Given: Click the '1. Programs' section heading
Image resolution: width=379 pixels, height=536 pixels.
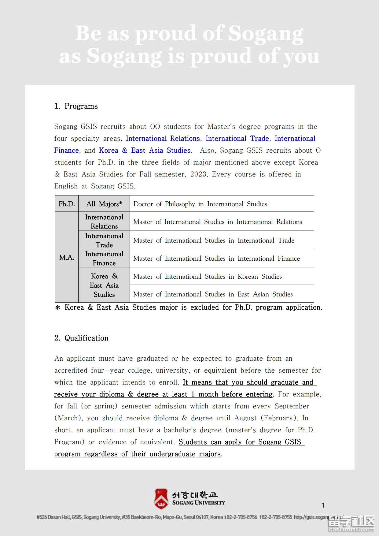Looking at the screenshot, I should click(x=76, y=106).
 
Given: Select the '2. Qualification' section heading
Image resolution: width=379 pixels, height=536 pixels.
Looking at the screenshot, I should click(x=81, y=338).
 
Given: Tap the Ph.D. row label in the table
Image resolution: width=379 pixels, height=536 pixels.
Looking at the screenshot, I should click(x=67, y=204).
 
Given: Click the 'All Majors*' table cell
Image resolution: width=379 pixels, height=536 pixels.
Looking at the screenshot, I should click(x=104, y=204).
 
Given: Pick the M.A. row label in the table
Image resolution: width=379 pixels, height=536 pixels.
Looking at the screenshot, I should click(x=67, y=258).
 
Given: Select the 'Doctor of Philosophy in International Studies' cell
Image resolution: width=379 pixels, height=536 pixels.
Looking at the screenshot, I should click(x=200, y=204).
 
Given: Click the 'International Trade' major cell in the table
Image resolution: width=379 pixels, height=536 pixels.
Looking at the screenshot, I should click(x=104, y=240).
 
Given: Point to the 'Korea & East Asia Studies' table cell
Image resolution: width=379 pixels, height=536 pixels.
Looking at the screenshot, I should click(x=104, y=285).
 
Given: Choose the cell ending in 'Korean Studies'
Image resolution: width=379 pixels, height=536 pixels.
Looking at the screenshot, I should click(x=208, y=277).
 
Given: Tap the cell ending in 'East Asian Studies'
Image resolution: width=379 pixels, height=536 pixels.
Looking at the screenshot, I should click(x=213, y=294).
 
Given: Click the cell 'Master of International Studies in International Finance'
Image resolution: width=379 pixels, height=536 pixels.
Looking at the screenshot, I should click(x=217, y=259).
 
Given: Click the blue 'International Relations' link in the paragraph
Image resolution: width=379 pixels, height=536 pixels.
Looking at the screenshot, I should click(x=163, y=139).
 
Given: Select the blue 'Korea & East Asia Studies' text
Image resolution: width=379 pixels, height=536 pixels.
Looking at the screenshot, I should click(x=145, y=151).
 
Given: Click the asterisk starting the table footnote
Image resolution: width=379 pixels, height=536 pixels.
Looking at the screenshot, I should click(x=57, y=308).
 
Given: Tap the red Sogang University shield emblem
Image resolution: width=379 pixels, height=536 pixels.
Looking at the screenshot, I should click(x=161, y=498).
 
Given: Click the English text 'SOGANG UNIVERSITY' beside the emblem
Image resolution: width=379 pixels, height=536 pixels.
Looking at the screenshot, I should click(x=199, y=503).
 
